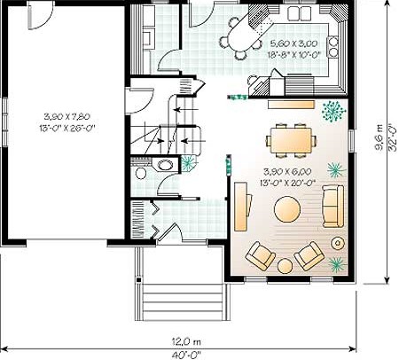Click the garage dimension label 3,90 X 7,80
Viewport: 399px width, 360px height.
pyautogui.click(x=66, y=116)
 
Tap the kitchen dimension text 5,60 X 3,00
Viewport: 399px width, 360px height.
pyautogui.click(x=293, y=43)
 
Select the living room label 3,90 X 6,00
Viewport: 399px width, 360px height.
pyautogui.click(x=287, y=171)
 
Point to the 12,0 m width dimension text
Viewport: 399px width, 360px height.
pyautogui.click(x=186, y=342)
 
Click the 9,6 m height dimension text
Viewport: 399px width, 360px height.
pyautogui.click(x=379, y=137)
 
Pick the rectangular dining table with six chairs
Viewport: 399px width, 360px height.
pyautogui.click(x=291, y=140)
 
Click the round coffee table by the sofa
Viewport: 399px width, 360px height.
pyautogui.click(x=287, y=209)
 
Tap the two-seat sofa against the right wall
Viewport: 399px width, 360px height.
pyautogui.click(x=332, y=207)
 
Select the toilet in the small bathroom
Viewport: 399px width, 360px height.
pyautogui.click(x=141, y=173)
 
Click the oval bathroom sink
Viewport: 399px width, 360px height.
pyautogui.click(x=165, y=165)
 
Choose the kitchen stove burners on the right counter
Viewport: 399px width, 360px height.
pyautogui.click(x=333, y=46)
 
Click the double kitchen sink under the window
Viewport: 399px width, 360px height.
pyautogui.click(x=300, y=13)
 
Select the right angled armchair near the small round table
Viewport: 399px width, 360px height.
pyautogui.click(x=309, y=255)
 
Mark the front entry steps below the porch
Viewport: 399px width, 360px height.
pyautogui.click(x=183, y=302)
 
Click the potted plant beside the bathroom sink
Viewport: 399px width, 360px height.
pyautogui.click(x=188, y=163)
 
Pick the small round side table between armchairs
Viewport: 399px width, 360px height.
pyautogui.click(x=286, y=266)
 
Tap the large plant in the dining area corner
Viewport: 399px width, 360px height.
pyautogui.click(x=333, y=112)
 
